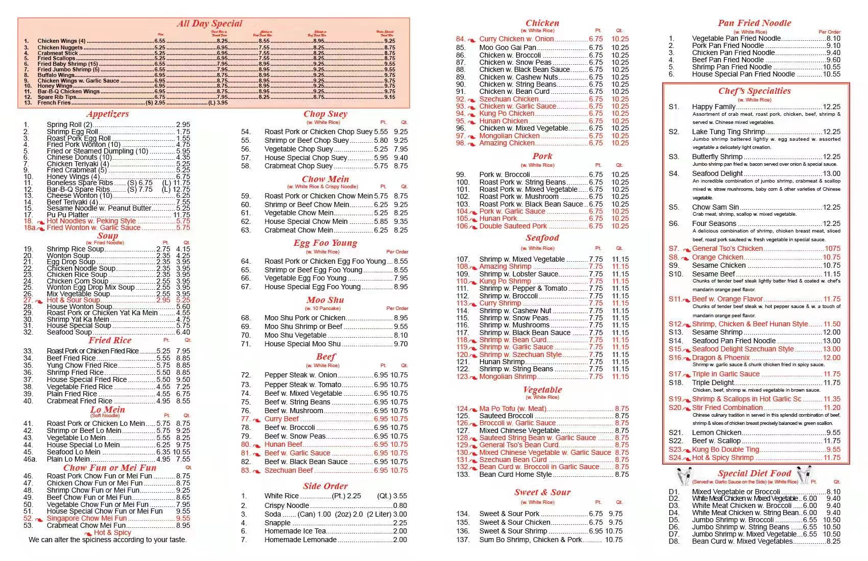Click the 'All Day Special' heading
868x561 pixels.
(x=209, y=23)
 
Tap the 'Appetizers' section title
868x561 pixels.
(x=107, y=114)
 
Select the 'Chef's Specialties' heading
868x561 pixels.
(x=754, y=91)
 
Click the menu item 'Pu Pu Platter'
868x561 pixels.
(x=67, y=215)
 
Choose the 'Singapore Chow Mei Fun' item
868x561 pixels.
(x=86, y=518)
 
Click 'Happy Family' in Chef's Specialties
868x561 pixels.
(x=713, y=107)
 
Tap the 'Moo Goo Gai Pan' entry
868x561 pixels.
(x=508, y=47)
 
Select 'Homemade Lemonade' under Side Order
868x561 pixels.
(x=300, y=540)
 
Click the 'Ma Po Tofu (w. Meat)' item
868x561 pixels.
(x=513, y=409)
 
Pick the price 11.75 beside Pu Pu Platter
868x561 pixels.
(x=182, y=215)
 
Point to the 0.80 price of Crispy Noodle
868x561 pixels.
(x=400, y=505)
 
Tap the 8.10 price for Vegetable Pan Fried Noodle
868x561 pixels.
(x=833, y=38)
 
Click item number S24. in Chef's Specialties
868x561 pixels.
(x=675, y=457)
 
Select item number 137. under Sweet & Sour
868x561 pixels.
(x=463, y=540)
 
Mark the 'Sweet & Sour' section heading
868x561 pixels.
(x=542, y=493)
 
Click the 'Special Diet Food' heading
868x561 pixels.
(x=754, y=474)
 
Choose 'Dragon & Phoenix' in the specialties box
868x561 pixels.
(x=720, y=358)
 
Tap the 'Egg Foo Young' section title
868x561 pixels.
(x=325, y=243)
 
